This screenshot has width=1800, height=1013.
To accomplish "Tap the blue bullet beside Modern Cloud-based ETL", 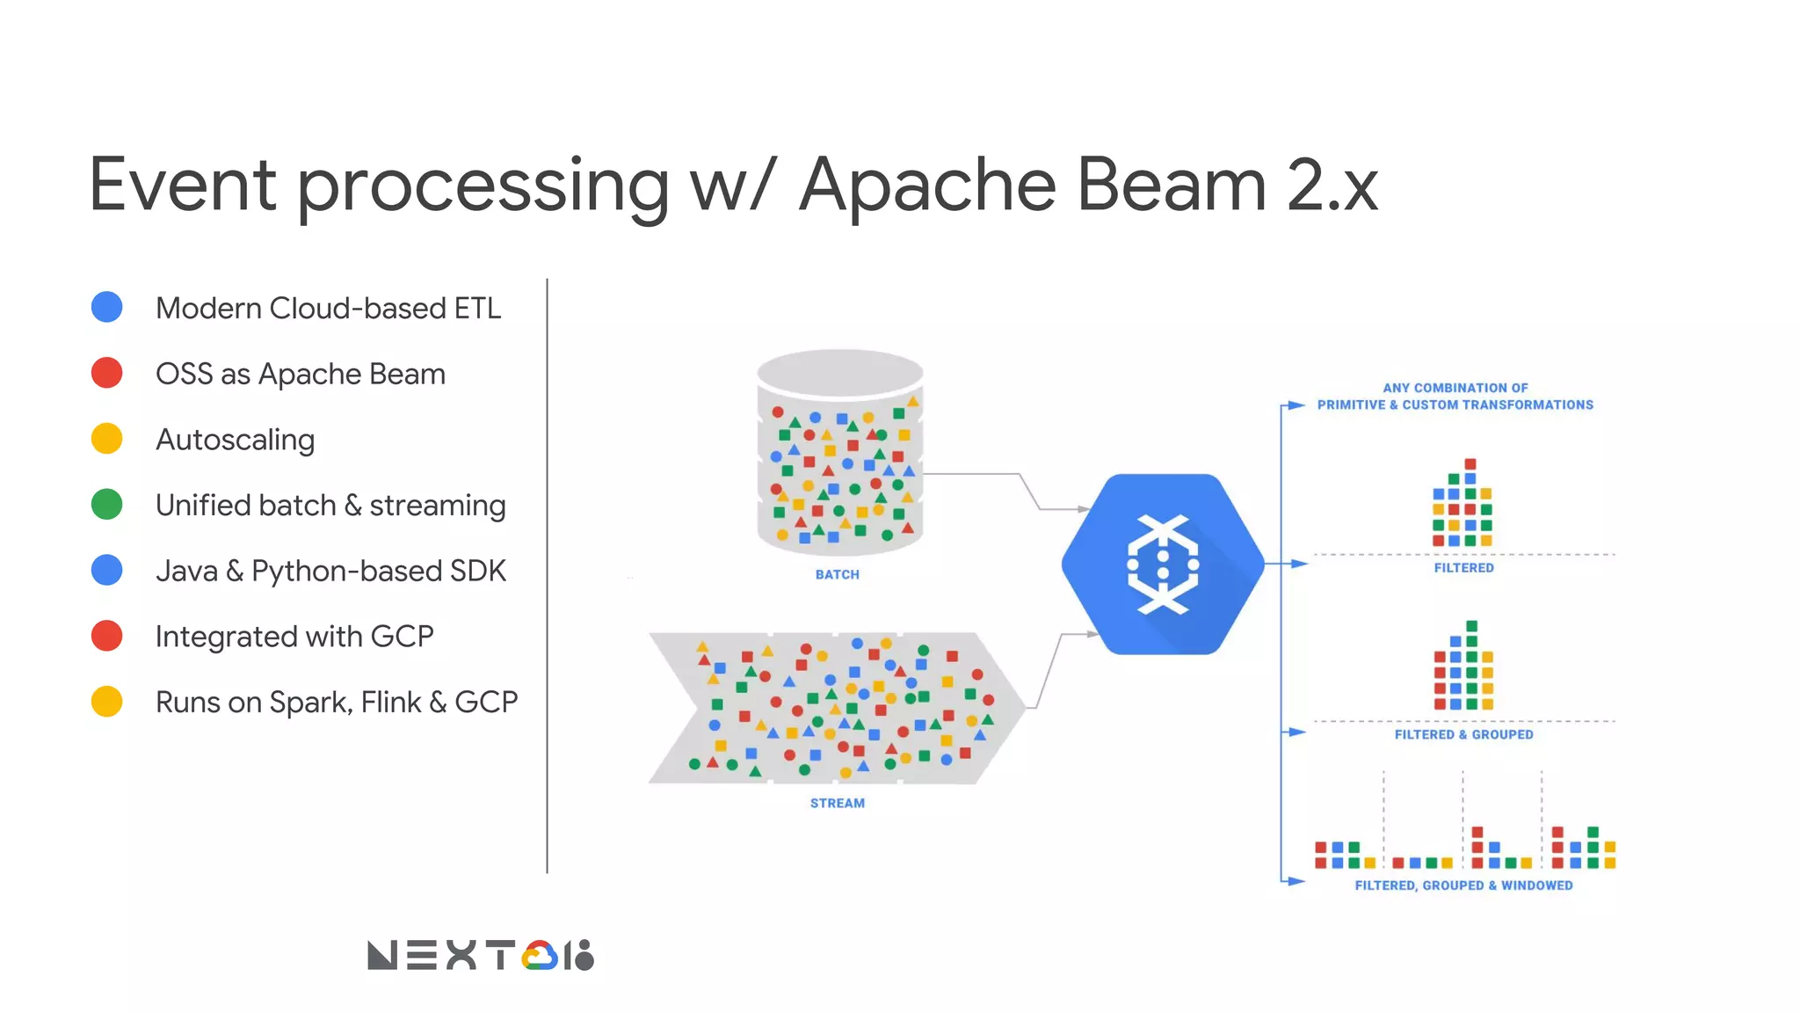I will pos(107,307).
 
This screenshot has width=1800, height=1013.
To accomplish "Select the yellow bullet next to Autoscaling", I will pos(107,438).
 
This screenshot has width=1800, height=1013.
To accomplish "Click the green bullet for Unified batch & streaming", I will pos(107,504).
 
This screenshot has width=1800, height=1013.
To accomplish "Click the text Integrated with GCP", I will pos(294,636).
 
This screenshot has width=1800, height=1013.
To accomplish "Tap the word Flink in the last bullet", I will pos(390,702).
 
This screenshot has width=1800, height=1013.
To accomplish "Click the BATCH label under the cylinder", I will pos(837,574).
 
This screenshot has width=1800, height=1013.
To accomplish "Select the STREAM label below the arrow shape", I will pos(837,803).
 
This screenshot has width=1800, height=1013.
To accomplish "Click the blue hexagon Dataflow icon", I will pos(1163,564).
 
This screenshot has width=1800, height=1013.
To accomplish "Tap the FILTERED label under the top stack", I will pos(1463,568).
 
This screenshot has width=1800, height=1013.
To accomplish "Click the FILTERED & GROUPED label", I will pos(1463,734).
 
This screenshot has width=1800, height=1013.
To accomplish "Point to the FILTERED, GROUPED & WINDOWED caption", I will pos(1463,885).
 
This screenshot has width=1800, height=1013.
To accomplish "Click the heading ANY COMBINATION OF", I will pos(1455,388).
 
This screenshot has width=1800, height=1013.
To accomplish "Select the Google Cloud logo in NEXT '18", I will pos(539,956).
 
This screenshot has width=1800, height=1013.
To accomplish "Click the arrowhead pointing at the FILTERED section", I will pos(1298,564).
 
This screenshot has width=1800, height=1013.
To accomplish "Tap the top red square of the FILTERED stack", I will pos(1470,463).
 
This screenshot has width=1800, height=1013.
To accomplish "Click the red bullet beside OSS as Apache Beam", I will pos(107,373).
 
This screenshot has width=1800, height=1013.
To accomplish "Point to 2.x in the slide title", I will pos(1332,186).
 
